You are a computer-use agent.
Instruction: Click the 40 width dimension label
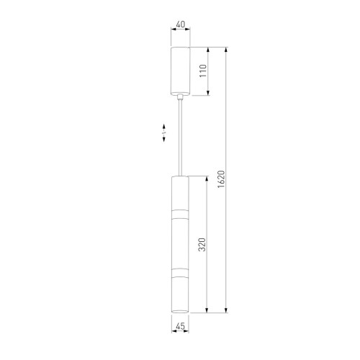tap(181, 24)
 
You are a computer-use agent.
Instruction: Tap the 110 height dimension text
tap(203, 71)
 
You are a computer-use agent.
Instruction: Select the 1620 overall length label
tap(221, 179)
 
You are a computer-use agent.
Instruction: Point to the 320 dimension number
tap(202, 245)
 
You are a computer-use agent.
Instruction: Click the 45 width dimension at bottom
tap(180, 326)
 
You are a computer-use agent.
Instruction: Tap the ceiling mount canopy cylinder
tap(180, 71)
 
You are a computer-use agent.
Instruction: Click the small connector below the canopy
tap(180, 97)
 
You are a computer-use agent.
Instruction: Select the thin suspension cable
tap(180, 138)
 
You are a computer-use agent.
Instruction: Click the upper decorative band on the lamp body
tap(180, 215)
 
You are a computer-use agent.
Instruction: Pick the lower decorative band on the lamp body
tap(180, 273)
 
